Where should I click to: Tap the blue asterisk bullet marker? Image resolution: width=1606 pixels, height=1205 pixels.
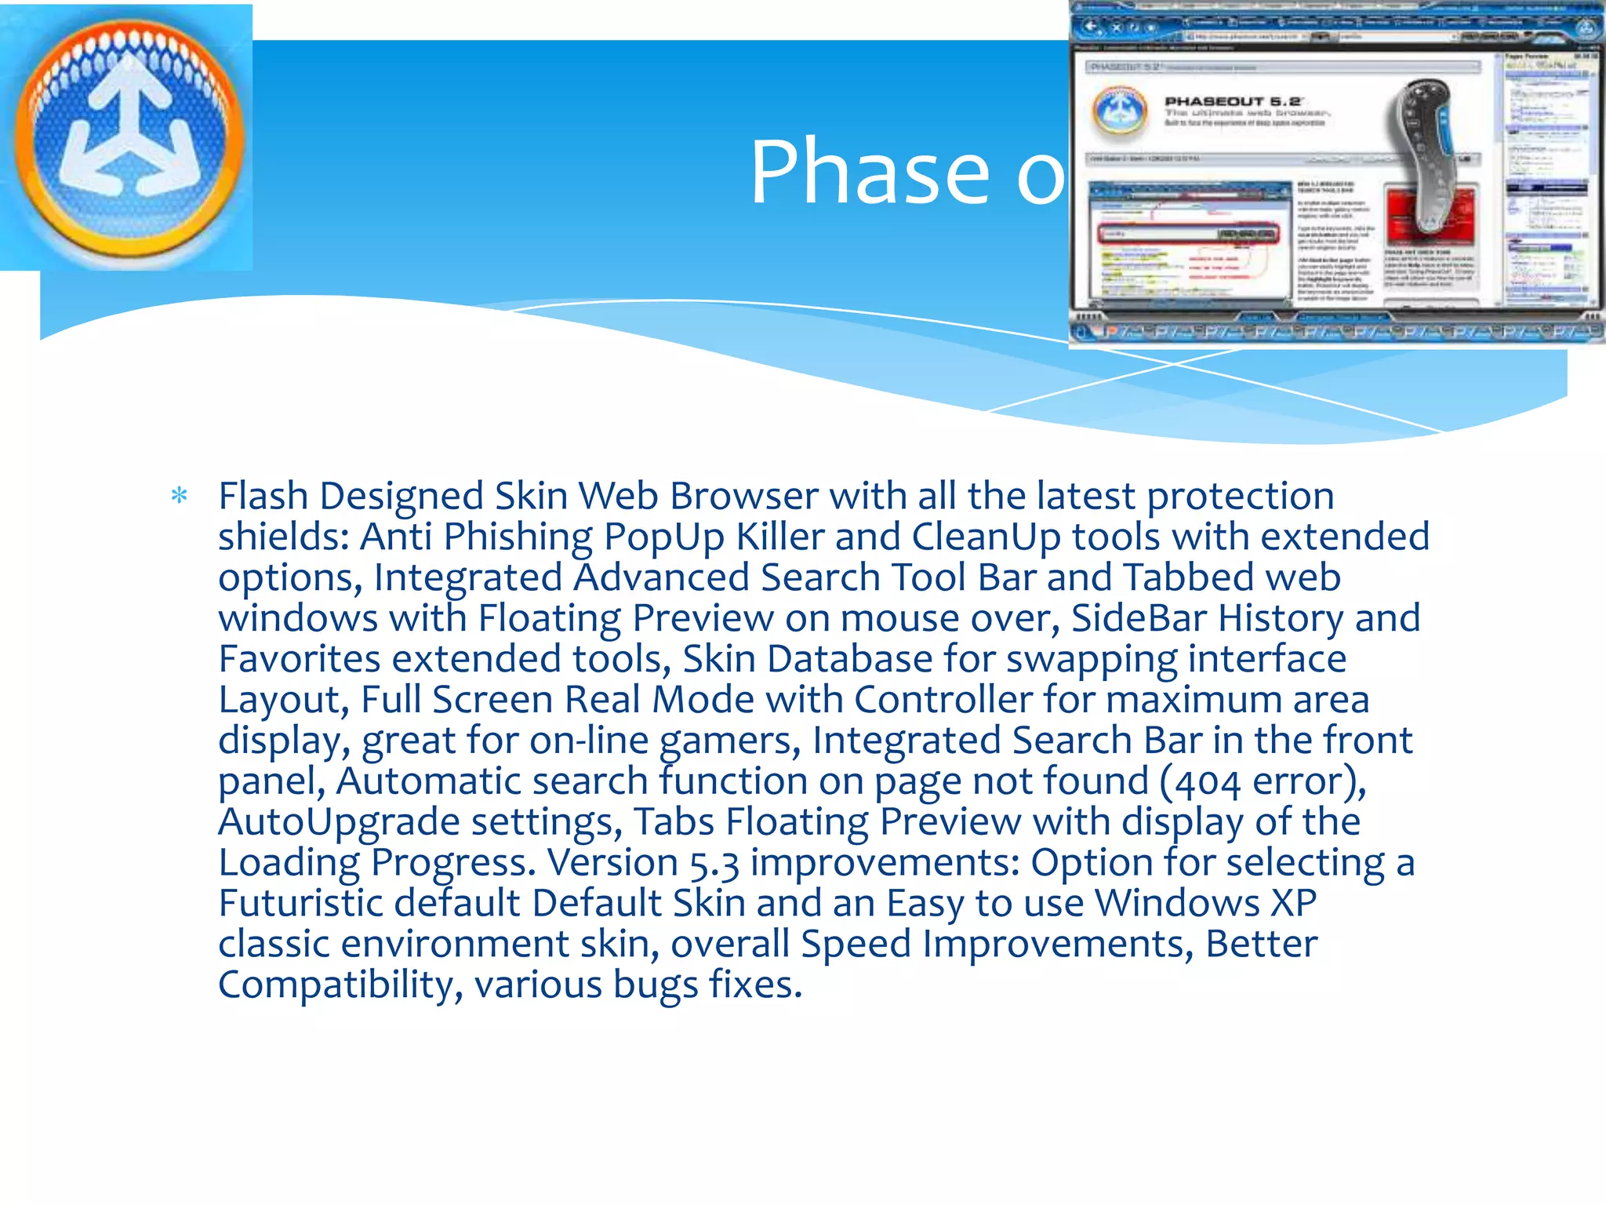tap(180, 496)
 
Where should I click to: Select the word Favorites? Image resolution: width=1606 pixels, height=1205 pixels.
tap(299, 659)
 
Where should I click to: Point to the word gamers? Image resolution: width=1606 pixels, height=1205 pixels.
tap(729, 741)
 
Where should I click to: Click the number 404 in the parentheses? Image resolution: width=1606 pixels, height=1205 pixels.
tap(1208, 782)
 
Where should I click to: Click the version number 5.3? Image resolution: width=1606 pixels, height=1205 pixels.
tap(714, 863)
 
